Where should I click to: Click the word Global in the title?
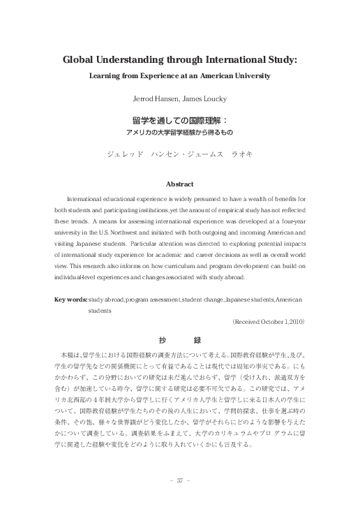tap(80, 60)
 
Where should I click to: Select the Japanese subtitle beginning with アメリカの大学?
tap(179, 132)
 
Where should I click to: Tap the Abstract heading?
tap(179, 184)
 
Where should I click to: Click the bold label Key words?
tap(71, 299)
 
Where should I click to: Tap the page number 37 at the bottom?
tap(179, 480)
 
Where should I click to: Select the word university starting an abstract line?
tap(70, 232)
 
